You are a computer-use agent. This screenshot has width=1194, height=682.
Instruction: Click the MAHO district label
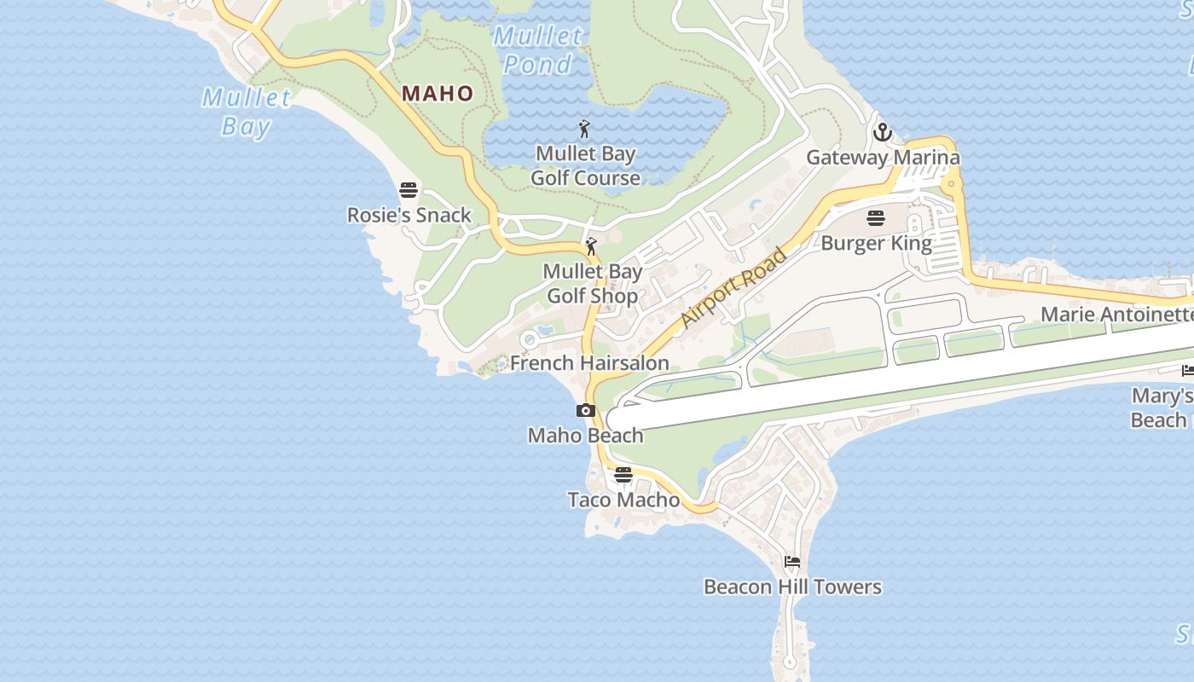[x=438, y=93]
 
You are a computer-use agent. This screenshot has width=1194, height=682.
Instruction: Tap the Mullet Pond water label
[x=538, y=50]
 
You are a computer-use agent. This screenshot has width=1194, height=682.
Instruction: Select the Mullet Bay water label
[x=246, y=112]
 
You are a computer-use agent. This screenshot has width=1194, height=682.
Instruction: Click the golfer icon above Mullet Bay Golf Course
[x=584, y=130]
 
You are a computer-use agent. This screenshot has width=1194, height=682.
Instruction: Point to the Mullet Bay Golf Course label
[x=585, y=166]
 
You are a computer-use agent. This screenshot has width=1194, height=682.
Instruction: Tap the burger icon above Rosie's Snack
[x=409, y=189]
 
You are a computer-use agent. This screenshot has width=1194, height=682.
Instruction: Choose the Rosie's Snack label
[x=409, y=215]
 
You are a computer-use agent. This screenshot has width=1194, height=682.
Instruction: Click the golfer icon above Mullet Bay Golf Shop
[x=591, y=247]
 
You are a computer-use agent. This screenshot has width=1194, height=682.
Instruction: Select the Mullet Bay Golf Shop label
[x=592, y=284]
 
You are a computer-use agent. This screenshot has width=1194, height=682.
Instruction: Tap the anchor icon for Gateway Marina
[x=883, y=132]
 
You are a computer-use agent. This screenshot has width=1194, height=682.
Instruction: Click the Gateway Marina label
[x=883, y=158]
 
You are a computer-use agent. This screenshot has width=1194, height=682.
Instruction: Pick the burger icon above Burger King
[x=876, y=218]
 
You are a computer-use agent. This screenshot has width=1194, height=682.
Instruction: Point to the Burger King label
[x=876, y=243]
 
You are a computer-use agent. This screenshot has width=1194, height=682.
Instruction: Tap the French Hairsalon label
[x=589, y=363]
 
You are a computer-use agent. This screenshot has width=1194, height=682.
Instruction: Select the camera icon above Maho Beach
[x=585, y=411]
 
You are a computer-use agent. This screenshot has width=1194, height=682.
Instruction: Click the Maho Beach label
[x=585, y=436]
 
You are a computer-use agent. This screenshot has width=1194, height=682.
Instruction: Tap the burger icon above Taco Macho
[x=623, y=475]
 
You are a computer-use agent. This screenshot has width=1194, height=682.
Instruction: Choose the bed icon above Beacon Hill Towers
[x=792, y=562]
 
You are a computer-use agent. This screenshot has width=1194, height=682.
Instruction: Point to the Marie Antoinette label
[x=1116, y=314]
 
